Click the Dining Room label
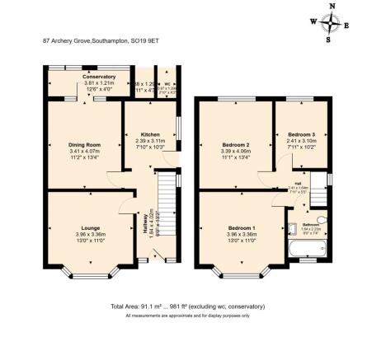click(83, 145)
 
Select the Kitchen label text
click(149, 134)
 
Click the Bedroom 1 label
click(242, 226)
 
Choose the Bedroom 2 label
click(235, 145)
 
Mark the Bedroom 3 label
click(301, 133)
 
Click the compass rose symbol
click(332, 22)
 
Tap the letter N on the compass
click(332, 6)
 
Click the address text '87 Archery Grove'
click(67, 38)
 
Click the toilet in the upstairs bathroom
click(322, 222)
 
